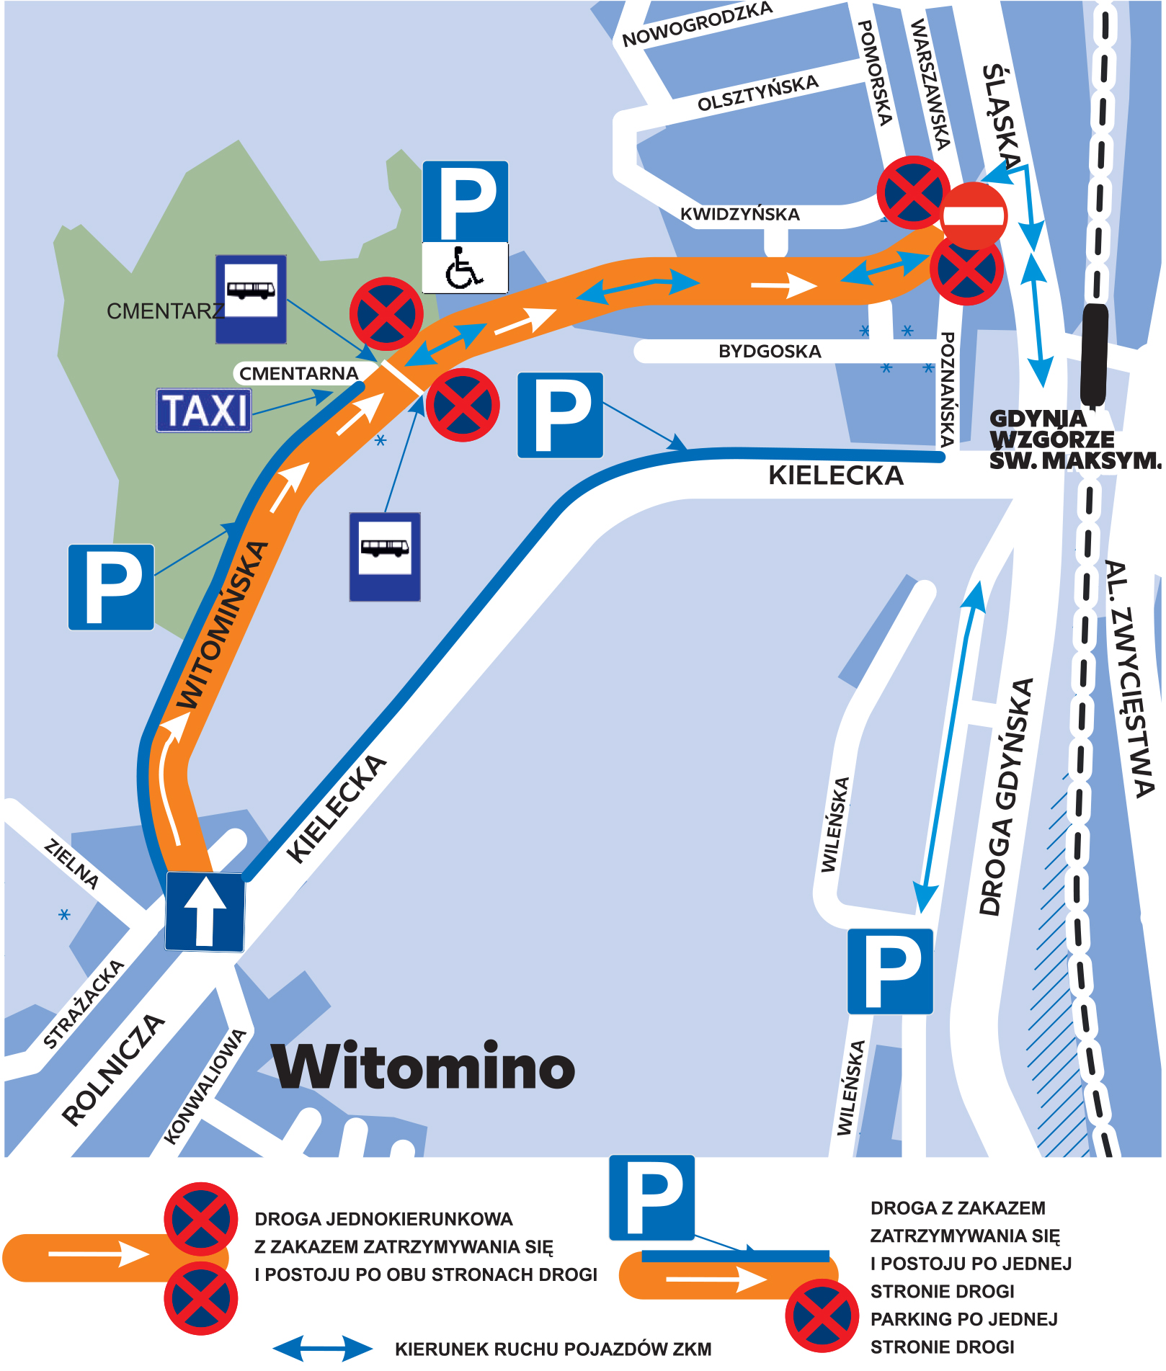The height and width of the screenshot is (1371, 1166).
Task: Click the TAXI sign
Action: pos(204,411)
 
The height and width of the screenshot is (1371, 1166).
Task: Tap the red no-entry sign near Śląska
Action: pos(974,215)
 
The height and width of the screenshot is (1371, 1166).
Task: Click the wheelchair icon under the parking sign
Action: pos(465,267)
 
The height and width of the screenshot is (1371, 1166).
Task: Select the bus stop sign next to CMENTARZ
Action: pos(251,298)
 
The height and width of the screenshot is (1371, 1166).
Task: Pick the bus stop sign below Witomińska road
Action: pos(385,556)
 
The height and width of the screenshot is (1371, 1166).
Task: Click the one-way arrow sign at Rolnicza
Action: pos(205,911)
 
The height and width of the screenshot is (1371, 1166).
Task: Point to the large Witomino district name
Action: pos(424,1067)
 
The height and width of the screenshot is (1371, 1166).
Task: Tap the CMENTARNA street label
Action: pos(298,373)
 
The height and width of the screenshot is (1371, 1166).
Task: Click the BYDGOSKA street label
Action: pos(770,352)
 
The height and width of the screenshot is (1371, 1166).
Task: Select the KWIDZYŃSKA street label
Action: pos(739,214)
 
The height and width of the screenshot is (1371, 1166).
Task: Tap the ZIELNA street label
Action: pos(71,864)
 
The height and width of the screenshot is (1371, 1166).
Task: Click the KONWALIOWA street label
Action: pos(205,1086)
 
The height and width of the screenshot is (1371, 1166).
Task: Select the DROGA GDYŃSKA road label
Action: pos(1005,797)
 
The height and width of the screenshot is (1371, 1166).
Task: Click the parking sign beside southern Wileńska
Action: pos(890,971)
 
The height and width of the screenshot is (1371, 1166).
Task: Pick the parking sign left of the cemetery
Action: pos(111,587)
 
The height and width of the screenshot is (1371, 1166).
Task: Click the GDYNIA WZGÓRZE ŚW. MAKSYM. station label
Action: pos(1074,439)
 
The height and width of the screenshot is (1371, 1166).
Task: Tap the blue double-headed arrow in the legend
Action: pos(323,1349)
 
